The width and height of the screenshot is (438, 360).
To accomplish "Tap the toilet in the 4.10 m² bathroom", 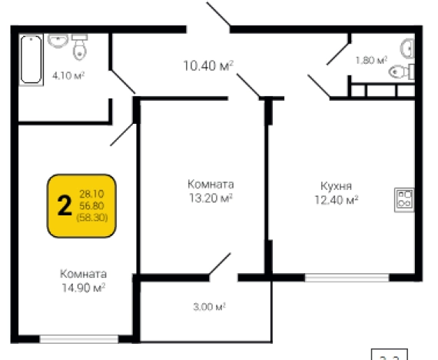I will pyautogui.click(x=79, y=48).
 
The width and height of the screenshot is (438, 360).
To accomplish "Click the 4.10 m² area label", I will pyautogui.click(x=68, y=75).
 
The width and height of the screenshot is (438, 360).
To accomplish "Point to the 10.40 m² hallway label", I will pyautogui.click(x=208, y=67).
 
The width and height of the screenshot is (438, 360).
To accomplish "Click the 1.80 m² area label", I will pyautogui.click(x=370, y=60).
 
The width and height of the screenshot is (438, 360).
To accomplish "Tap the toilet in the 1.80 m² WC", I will pyautogui.click(x=401, y=72).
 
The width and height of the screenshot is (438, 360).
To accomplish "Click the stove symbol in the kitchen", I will pyautogui.click(x=404, y=199).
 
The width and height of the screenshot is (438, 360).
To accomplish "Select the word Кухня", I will pyautogui.click(x=336, y=185).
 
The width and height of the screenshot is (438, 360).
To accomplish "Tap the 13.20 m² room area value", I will pyautogui.click(x=211, y=198).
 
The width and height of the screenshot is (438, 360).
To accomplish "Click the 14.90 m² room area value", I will pyautogui.click(x=84, y=287).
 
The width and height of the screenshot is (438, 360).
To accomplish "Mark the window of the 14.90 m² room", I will pyautogui.click(x=78, y=337).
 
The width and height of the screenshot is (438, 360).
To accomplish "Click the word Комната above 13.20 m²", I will pyautogui.click(x=211, y=185).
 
